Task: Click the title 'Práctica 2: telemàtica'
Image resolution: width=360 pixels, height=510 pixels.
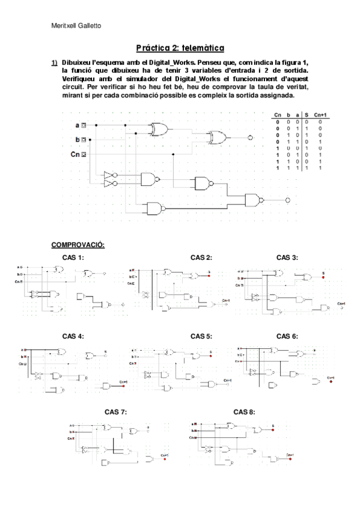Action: pyautogui.click(x=180, y=48)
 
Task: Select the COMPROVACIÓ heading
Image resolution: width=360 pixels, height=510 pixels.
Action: pyautogui.click(x=78, y=245)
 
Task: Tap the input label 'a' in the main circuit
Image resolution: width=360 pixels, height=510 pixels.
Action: pyautogui.click(x=77, y=126)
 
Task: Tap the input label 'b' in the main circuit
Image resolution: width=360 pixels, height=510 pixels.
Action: pyautogui.click(x=77, y=140)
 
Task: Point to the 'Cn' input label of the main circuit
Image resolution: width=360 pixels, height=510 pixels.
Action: pyautogui.click(x=75, y=155)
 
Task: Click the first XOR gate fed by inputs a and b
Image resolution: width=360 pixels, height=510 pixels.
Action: pyautogui.click(x=160, y=128)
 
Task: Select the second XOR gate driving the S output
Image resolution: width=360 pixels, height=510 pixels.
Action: pyautogui.click(x=218, y=138)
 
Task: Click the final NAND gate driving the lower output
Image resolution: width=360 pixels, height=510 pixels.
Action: pyautogui.click(x=254, y=200)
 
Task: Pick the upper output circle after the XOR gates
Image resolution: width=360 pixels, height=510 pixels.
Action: pyautogui.click(x=251, y=138)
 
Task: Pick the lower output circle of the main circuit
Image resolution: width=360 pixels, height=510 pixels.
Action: pyautogui.click(x=288, y=200)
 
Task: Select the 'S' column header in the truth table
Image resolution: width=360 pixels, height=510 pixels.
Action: pyautogui.click(x=307, y=115)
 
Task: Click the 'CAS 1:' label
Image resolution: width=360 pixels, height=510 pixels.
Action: pyautogui.click(x=73, y=257)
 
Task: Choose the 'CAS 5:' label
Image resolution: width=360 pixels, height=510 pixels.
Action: pyautogui.click(x=201, y=336)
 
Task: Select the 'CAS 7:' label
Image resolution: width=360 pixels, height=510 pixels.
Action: pyautogui.click(x=115, y=412)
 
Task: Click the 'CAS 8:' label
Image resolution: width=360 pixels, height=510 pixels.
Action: pyautogui.click(x=244, y=412)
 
